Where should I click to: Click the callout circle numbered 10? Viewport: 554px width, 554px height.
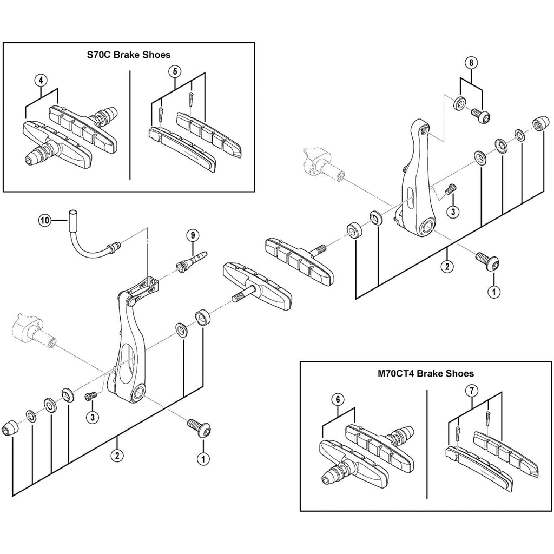(44, 220)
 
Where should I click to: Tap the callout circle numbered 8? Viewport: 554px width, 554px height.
(471, 63)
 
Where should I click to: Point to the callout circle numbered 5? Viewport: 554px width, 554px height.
(173, 71)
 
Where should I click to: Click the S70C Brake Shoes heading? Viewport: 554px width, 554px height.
(129, 55)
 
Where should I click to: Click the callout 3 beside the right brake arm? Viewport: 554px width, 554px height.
(453, 212)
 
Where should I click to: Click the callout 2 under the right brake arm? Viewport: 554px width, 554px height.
(447, 267)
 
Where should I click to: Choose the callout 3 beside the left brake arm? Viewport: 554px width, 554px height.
(93, 417)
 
